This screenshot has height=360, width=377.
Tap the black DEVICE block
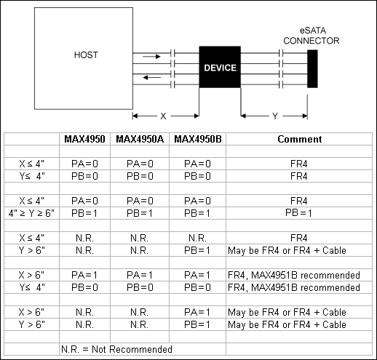pyautogui.click(x=220, y=68)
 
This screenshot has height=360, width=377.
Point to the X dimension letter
pyautogui.click(x=163, y=116)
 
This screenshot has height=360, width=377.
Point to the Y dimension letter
pyautogui.click(x=274, y=116)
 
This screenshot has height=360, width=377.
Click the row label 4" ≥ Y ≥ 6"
pyautogui.click(x=32, y=212)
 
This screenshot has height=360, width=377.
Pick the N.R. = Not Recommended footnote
pyautogui.click(x=116, y=350)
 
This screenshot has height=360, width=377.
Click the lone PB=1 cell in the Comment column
pyautogui.click(x=301, y=212)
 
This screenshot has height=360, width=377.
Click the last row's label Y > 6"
pyautogui.click(x=32, y=324)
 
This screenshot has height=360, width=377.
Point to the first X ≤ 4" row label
pyautogui.click(x=32, y=164)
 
